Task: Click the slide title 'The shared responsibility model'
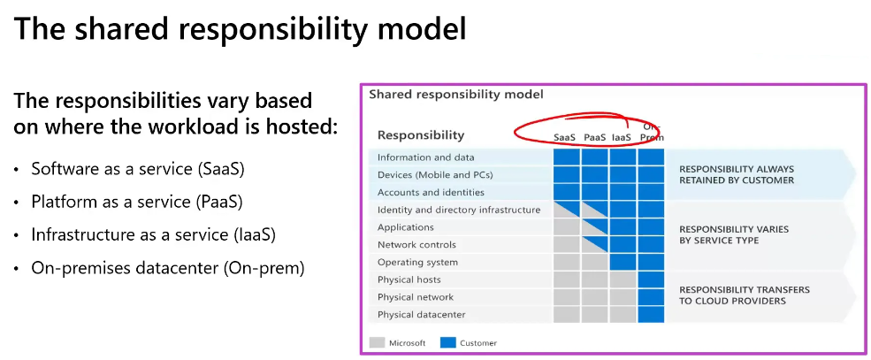click(240, 29)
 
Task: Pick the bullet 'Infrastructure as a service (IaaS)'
click(153, 234)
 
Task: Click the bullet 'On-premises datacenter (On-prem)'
click(167, 268)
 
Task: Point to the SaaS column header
click(565, 137)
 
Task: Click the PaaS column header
click(594, 137)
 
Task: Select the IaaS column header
click(622, 137)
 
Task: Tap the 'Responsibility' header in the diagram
click(420, 135)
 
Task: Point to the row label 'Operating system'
click(417, 262)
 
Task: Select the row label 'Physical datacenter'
click(421, 314)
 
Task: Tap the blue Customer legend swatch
click(447, 342)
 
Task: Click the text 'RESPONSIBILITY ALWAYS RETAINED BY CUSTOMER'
click(736, 174)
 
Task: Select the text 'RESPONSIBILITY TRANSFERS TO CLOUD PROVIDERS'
click(744, 295)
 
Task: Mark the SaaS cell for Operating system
click(566, 262)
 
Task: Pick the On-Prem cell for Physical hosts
click(650, 280)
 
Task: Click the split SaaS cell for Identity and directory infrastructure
click(566, 210)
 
